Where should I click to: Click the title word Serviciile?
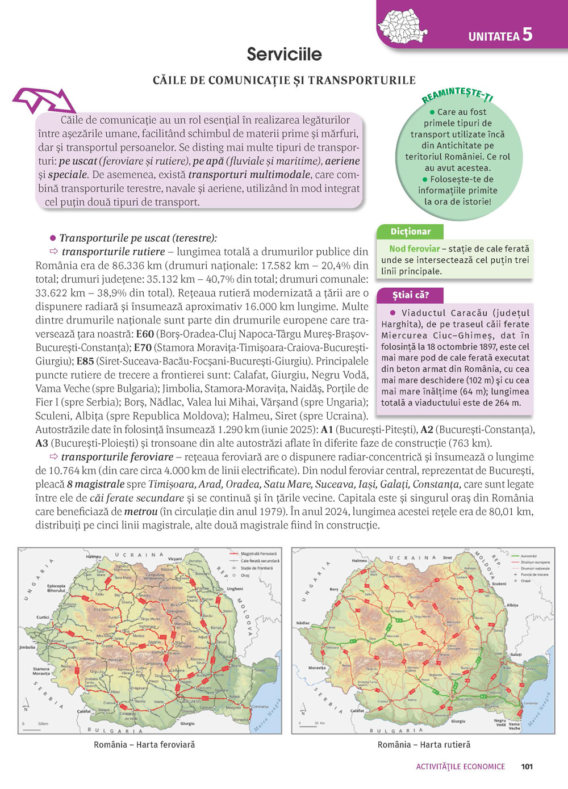284,54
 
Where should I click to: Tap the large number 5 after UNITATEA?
527,34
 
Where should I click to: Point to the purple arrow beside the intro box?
45,102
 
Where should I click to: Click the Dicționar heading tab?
410,232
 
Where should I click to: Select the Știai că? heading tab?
410,295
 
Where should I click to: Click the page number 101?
527,766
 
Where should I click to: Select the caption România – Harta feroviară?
144,745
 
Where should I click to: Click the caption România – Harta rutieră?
424,745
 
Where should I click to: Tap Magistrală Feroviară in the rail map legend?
258,553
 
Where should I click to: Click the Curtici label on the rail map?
43,617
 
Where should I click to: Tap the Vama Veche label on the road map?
514,726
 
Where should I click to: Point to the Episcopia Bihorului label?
56,588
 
